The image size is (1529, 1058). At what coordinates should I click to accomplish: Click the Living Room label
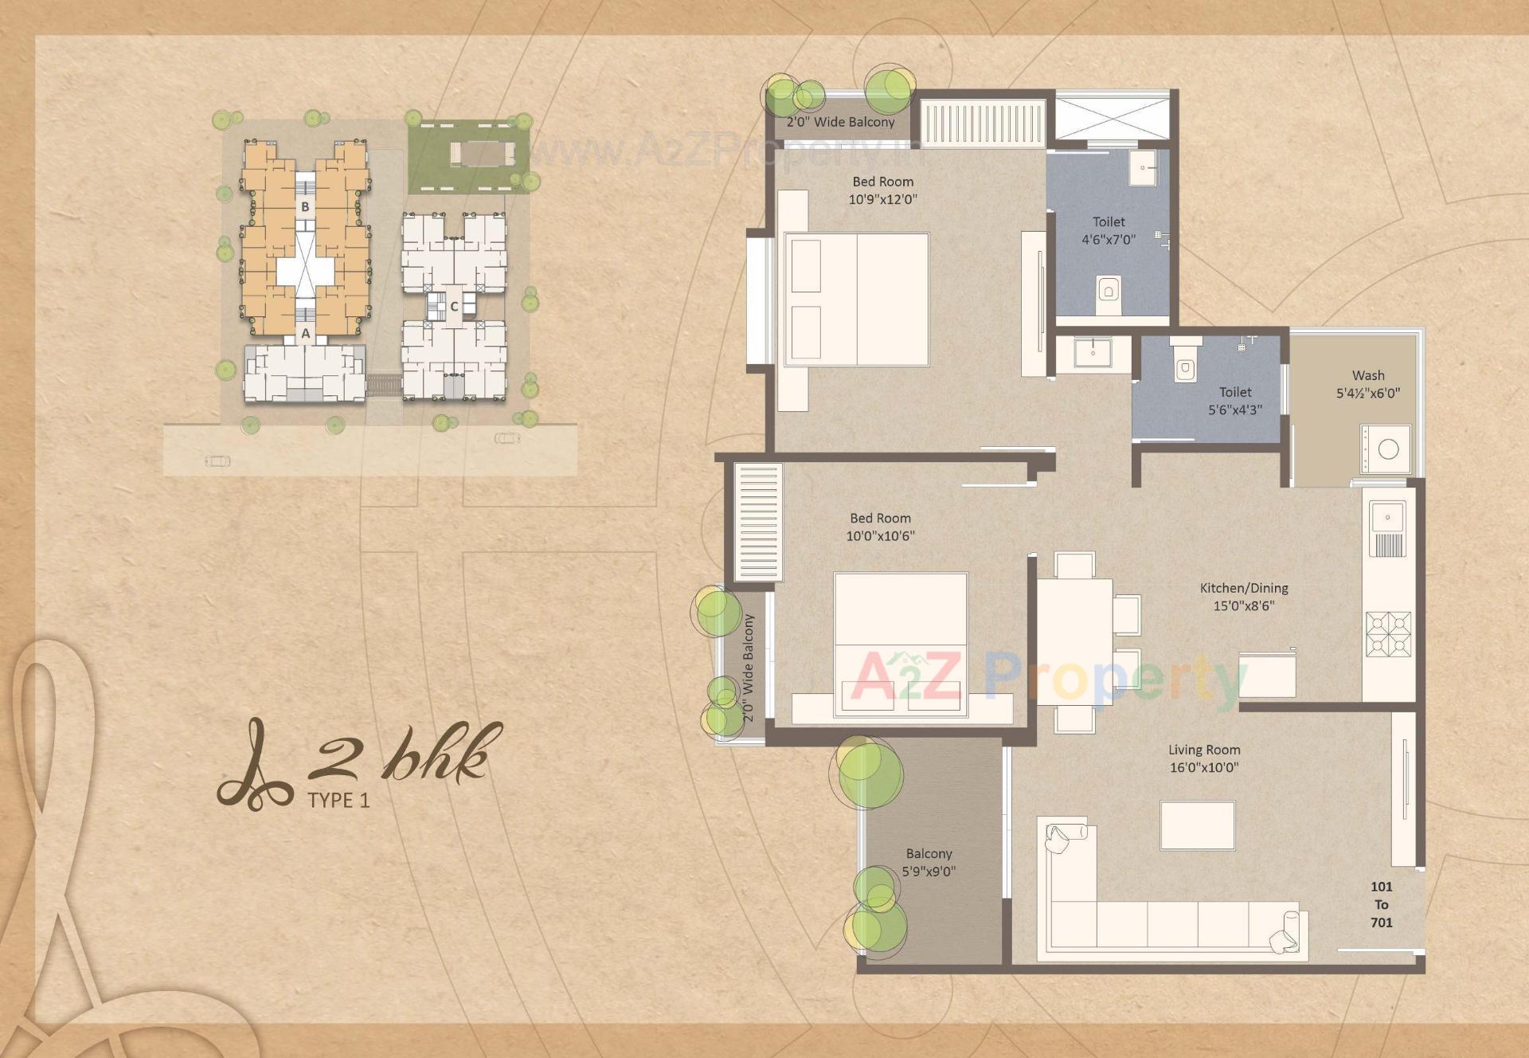point(1203,750)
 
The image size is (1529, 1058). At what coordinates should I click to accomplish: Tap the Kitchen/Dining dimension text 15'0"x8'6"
point(1243,605)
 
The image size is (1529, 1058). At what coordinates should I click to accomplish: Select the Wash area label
point(1367,375)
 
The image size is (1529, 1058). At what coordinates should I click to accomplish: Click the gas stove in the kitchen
point(1388,634)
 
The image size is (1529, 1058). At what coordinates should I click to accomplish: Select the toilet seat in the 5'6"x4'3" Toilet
point(1185,367)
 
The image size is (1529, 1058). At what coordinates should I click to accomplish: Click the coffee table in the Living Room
point(1197,825)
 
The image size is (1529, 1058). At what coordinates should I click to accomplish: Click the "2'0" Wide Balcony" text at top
point(840,122)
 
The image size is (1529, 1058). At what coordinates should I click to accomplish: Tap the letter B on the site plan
point(304,207)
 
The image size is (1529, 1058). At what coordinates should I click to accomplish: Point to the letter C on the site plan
point(454,307)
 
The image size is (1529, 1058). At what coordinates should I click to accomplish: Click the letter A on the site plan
point(305,335)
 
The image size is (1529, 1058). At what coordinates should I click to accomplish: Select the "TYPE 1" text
point(338,801)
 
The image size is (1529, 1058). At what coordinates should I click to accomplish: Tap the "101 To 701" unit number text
point(1381,904)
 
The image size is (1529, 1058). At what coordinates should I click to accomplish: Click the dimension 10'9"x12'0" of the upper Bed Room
point(882,199)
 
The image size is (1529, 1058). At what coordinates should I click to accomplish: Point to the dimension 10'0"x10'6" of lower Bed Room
point(880,536)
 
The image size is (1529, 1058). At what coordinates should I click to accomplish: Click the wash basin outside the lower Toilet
point(1093,351)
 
